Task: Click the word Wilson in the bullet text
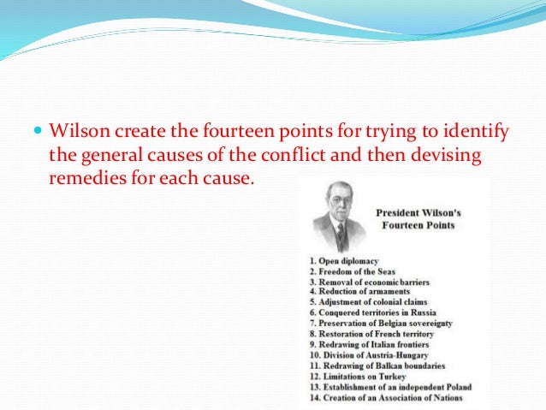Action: pyautogui.click(x=75, y=133)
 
